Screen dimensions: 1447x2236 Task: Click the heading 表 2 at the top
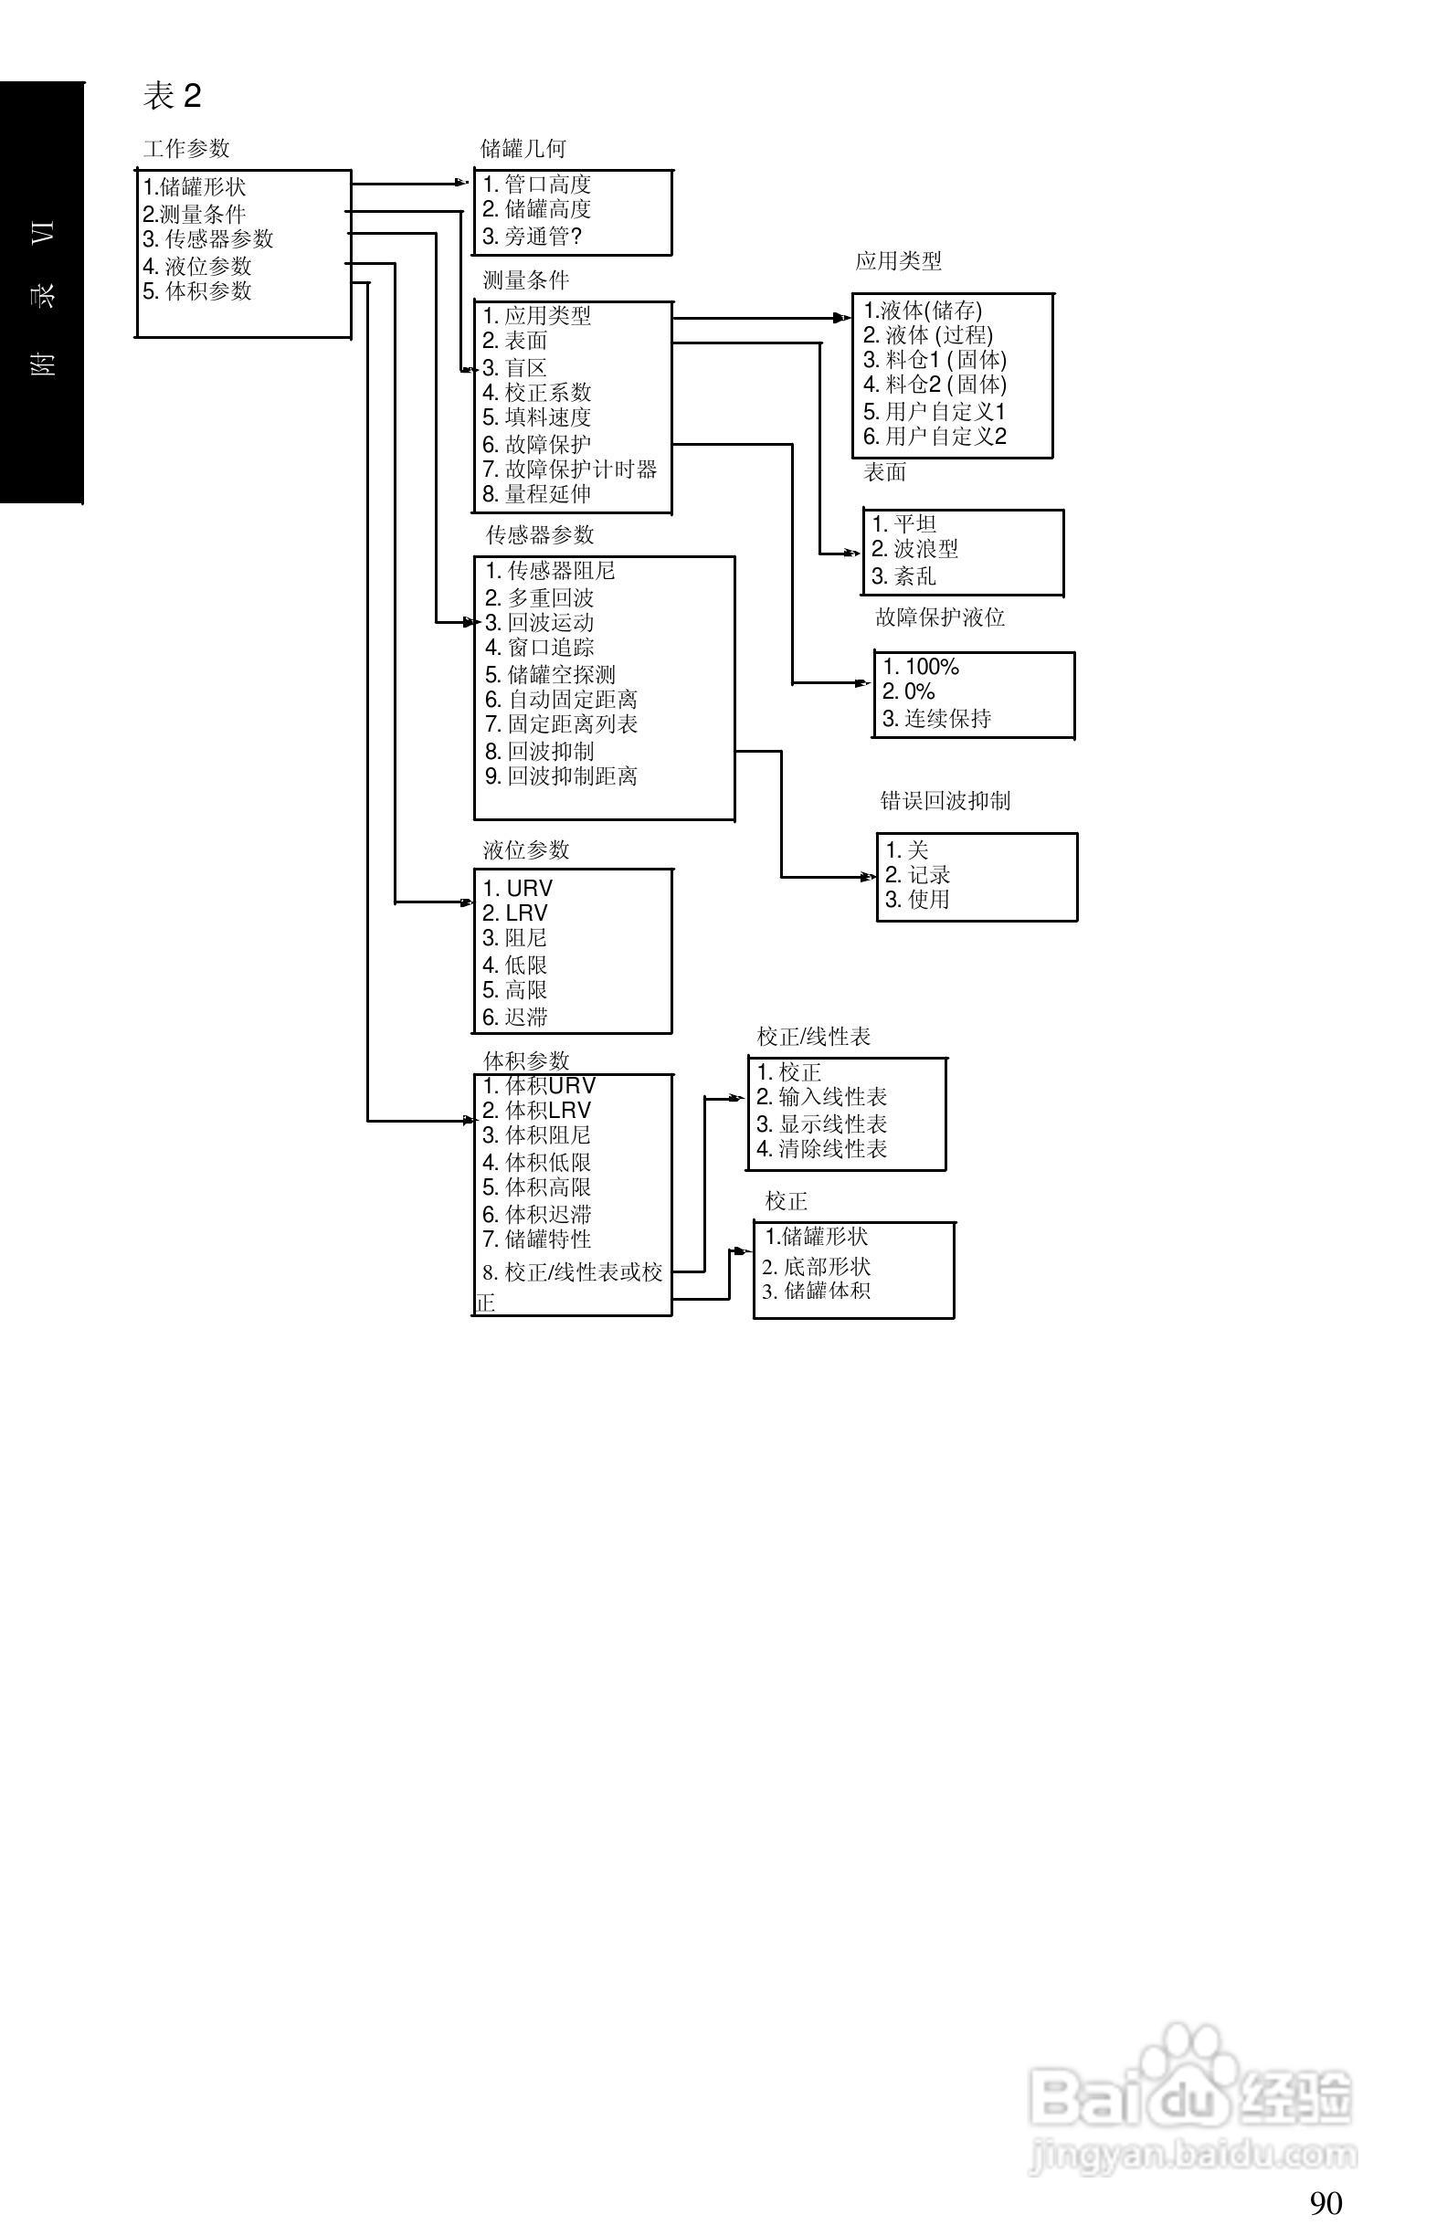(172, 95)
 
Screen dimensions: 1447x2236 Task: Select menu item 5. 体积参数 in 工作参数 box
(197, 291)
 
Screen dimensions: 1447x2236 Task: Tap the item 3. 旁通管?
(533, 237)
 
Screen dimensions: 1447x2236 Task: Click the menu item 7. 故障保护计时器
(569, 469)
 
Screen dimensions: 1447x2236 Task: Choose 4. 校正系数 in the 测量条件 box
(536, 392)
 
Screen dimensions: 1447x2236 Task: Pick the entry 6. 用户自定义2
(935, 436)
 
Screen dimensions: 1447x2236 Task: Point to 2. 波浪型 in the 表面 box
(914, 549)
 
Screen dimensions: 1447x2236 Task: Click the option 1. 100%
(921, 667)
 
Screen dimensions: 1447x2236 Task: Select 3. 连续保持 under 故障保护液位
(936, 719)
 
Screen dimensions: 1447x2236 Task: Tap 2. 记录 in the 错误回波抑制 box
(918, 875)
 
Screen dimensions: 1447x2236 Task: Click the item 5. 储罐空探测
(550, 675)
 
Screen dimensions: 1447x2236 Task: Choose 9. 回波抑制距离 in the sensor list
(561, 776)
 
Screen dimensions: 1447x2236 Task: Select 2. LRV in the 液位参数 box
(515, 913)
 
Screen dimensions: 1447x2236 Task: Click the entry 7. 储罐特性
(536, 1239)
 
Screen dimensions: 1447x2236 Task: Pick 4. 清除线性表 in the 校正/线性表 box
(822, 1148)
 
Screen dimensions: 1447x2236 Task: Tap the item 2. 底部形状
(817, 1267)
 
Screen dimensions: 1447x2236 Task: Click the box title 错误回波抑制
(945, 800)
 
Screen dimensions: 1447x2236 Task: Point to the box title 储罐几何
(523, 149)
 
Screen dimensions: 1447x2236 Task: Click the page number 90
(1326, 2202)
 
